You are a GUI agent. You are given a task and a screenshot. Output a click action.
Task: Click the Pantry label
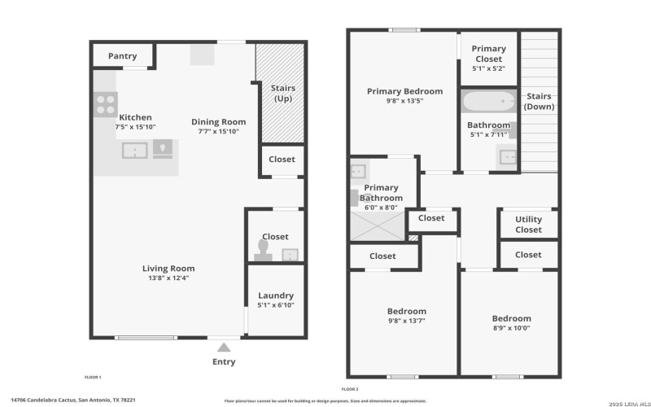coord(122,56)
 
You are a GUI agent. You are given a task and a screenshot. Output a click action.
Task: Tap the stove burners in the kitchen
coord(107,103)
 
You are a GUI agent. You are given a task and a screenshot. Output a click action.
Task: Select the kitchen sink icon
coord(134,150)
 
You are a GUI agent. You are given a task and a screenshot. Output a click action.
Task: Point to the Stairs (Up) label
coord(282,93)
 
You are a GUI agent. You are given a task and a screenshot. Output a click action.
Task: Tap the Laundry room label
coord(276,295)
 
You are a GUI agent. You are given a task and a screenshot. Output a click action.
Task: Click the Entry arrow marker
coord(224,347)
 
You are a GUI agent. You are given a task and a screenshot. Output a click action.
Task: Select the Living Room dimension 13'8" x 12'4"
coord(168,278)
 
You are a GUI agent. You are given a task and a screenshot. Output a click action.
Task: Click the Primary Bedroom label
coord(404,91)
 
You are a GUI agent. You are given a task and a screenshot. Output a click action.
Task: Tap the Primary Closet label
coord(488,54)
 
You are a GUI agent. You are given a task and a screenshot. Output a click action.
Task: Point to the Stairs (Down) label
coord(539,101)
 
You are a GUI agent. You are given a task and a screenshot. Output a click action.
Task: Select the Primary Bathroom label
coord(381,193)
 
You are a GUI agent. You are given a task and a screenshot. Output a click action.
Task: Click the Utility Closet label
coord(528,224)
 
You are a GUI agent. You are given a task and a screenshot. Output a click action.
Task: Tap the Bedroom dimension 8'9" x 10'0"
coord(511,328)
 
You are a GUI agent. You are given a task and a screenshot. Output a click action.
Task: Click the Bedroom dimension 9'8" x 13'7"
coord(406,321)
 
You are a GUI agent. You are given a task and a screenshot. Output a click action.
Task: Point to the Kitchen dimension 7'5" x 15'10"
coord(135,127)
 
